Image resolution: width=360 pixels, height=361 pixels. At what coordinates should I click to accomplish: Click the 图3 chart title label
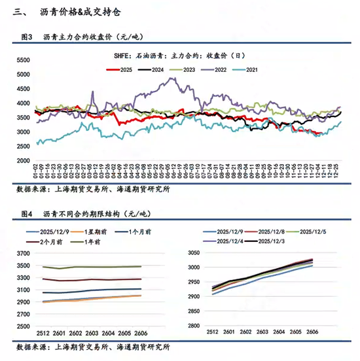[27, 38]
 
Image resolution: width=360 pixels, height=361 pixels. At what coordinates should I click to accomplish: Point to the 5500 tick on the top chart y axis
[24, 60]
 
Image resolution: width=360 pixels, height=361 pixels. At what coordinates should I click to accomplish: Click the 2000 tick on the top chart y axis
[24, 161]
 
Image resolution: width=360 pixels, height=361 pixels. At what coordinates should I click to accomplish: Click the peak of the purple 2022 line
[173, 78]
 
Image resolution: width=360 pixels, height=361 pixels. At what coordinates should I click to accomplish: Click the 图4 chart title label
[27, 214]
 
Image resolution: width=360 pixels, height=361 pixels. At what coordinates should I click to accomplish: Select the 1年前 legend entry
[92, 242]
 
